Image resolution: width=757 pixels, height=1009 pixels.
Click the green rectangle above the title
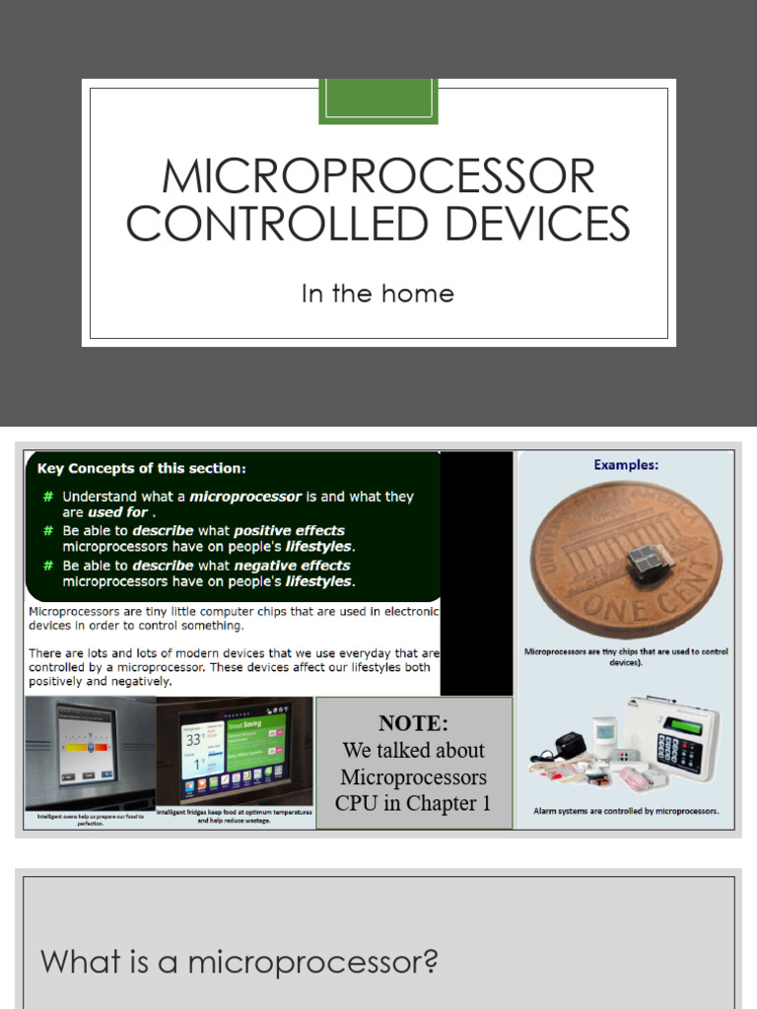point(378,101)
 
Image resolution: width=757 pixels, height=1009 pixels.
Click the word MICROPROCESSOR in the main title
point(378,177)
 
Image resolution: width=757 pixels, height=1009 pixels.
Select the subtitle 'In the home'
point(378,294)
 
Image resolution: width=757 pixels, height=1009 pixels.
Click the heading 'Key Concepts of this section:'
point(142,468)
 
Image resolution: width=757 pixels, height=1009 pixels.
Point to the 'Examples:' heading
point(626,464)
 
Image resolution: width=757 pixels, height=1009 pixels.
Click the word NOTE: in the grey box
point(413,722)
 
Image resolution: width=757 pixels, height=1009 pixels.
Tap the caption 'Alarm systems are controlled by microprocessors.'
point(626,812)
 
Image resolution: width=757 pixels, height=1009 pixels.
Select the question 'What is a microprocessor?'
point(239,961)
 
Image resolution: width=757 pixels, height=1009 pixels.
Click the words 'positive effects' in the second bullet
point(289,530)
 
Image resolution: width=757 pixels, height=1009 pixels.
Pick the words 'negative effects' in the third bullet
point(292,566)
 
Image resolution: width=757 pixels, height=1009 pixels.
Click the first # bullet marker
point(47,497)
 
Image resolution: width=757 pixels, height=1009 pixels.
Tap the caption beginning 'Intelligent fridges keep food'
point(235,816)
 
